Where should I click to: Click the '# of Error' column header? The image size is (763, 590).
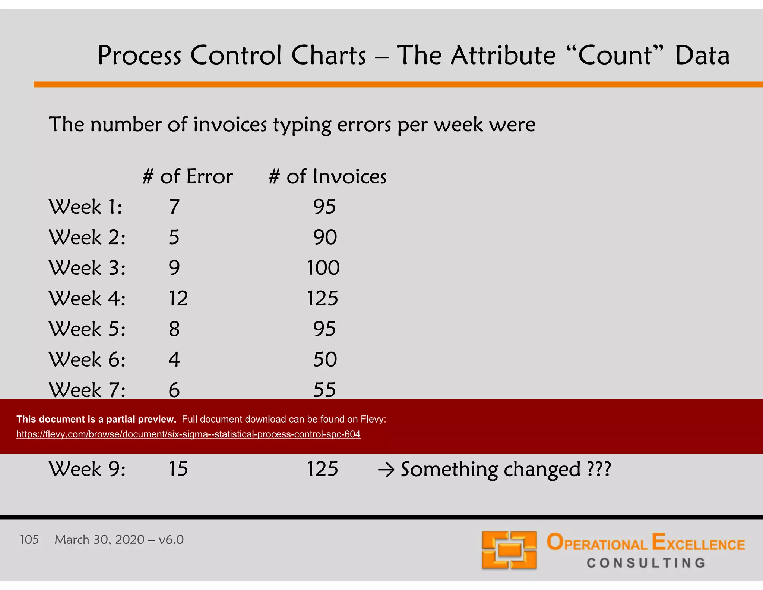pyautogui.click(x=188, y=176)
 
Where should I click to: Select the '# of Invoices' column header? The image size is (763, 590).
pyautogui.click(x=327, y=176)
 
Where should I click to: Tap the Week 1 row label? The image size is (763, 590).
pyautogui.click(x=85, y=207)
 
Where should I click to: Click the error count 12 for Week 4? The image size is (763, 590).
pyautogui.click(x=178, y=298)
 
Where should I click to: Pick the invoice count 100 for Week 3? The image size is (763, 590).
pyautogui.click(x=323, y=268)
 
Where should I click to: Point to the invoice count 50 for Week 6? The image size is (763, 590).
pyautogui.click(x=325, y=360)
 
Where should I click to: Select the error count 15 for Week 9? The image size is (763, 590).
pyautogui.click(x=178, y=469)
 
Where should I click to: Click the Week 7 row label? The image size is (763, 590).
pyautogui.click(x=87, y=390)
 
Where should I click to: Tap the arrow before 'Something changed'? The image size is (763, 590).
pyautogui.click(x=386, y=470)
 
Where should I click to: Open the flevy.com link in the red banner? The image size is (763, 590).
pyautogui.click(x=188, y=434)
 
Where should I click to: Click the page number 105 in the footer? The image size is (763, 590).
pyautogui.click(x=29, y=540)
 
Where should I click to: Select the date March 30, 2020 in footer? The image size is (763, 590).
pyautogui.click(x=99, y=540)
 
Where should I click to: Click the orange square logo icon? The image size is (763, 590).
pyautogui.click(x=509, y=550)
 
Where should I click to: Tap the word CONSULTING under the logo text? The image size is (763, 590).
pyautogui.click(x=646, y=563)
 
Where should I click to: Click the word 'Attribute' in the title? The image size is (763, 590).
pyautogui.click(x=503, y=55)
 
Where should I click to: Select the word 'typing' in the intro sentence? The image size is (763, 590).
pyautogui.click(x=302, y=125)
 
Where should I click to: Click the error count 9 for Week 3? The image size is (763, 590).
pyautogui.click(x=174, y=268)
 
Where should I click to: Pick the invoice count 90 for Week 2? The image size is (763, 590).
pyautogui.click(x=325, y=237)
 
